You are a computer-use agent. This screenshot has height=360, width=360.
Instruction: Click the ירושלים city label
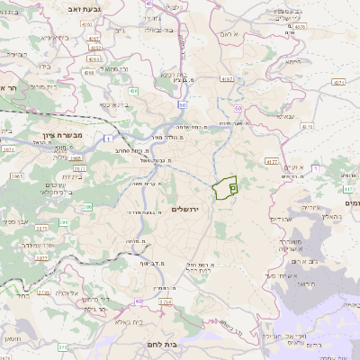pyautogui.click(x=190, y=209)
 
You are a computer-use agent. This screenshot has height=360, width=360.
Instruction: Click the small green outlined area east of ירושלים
pyautogui.click(x=224, y=188)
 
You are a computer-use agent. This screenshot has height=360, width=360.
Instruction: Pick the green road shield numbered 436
pyautogui.click(x=133, y=91)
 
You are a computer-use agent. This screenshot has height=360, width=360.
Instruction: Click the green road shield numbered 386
pyautogui.click(x=88, y=207)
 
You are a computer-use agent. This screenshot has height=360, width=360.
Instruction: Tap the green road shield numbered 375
pyautogui.click(x=62, y=346)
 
